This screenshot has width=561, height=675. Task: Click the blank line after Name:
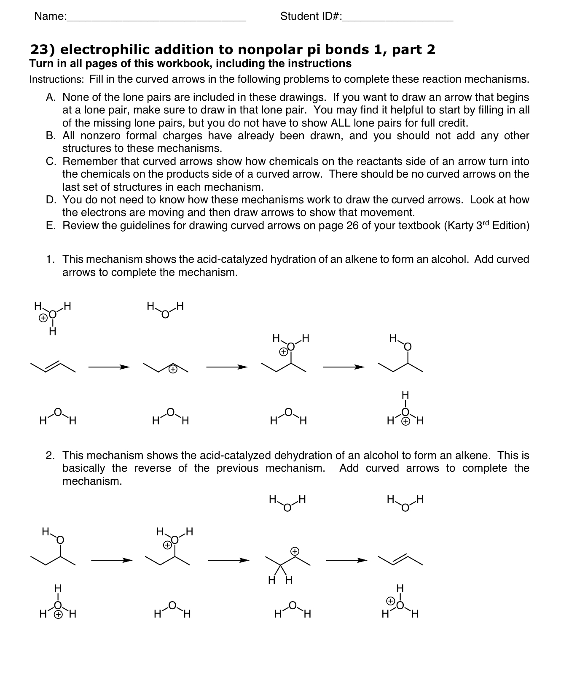tap(156, 19)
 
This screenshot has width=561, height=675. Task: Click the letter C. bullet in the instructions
tap(51, 162)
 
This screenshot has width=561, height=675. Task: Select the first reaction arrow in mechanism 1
tap(108, 367)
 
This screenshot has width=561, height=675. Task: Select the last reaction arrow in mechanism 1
tap(343, 367)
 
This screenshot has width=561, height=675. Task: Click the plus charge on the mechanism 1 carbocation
tap(172, 370)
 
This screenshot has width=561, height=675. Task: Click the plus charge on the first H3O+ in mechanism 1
tap(43, 319)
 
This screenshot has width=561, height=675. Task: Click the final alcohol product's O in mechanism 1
tap(407, 347)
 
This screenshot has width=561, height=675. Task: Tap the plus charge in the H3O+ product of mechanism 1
tap(405, 421)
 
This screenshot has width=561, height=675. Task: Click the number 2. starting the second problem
tap(50, 456)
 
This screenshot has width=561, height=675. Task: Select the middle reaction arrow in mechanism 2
tap(228, 560)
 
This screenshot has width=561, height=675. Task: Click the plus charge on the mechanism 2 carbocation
tap(295, 551)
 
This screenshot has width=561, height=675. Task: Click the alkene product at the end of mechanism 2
tap(400, 560)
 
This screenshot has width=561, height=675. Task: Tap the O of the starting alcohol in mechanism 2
tap(60, 540)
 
